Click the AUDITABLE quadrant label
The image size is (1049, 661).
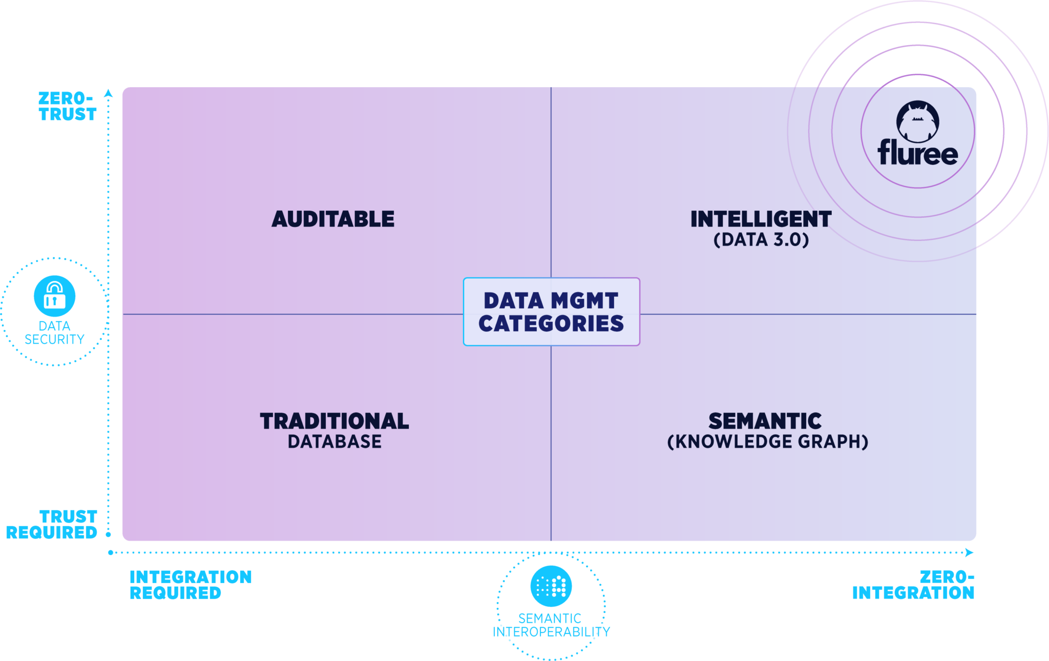click(333, 219)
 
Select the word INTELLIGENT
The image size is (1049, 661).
click(761, 219)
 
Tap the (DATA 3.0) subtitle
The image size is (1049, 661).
click(761, 240)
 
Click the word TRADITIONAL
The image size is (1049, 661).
click(334, 421)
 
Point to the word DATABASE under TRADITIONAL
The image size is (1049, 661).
click(334, 442)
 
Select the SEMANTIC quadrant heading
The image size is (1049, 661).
click(765, 421)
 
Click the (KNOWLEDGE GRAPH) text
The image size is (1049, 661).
click(767, 442)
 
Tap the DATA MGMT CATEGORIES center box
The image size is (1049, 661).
click(551, 312)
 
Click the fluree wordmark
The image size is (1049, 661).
click(917, 153)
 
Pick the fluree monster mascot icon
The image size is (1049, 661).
click(917, 121)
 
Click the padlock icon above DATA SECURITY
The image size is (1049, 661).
click(54, 296)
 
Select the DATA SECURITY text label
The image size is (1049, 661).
click(54, 333)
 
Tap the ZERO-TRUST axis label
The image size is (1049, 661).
click(68, 106)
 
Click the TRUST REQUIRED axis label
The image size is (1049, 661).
click(52, 524)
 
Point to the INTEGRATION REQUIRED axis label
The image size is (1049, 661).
click(191, 585)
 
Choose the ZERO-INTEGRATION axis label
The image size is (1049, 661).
click(913, 585)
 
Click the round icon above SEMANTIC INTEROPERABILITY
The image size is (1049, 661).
click(551, 586)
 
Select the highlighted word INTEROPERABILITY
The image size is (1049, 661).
click(551, 632)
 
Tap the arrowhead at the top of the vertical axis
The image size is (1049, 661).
click(108, 93)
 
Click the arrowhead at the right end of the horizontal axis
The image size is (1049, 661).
click(969, 552)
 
